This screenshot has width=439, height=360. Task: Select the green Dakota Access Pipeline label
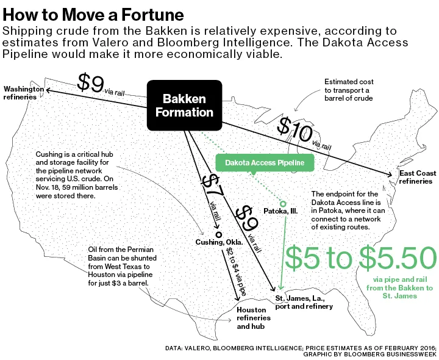pos(265,163)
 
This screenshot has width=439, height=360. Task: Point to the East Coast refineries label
pos(418,177)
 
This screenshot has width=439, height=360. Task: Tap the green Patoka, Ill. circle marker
pos(283,203)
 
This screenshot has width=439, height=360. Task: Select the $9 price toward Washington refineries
pos(91,83)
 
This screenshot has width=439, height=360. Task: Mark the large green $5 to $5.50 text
pos(361,258)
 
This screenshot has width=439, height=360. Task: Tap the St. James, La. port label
pos(303,302)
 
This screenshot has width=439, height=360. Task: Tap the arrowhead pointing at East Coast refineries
pos(393,175)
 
